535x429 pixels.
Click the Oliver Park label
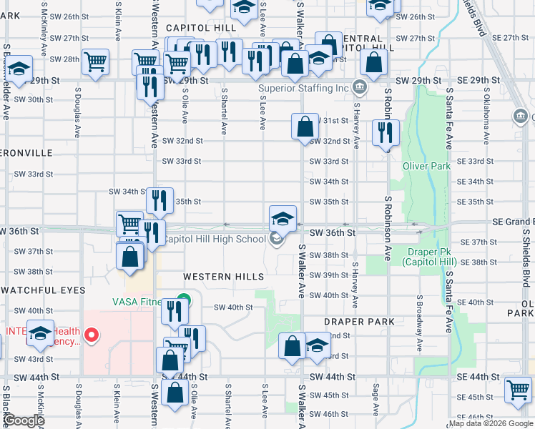coord(427,166)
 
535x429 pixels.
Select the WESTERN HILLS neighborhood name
coord(223,277)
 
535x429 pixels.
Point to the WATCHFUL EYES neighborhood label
coord(43,290)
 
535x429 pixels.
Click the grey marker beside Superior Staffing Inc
coord(360,89)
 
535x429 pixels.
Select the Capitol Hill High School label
coord(215,239)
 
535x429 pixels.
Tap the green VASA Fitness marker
coord(185,301)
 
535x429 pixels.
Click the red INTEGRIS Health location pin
coord(91,335)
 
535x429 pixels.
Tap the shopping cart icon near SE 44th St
coord(518,390)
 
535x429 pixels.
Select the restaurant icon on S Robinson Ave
coord(386,132)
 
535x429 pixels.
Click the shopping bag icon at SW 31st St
coord(305,127)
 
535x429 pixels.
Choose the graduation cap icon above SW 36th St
coord(283,217)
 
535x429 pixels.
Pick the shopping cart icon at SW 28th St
coord(94,61)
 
